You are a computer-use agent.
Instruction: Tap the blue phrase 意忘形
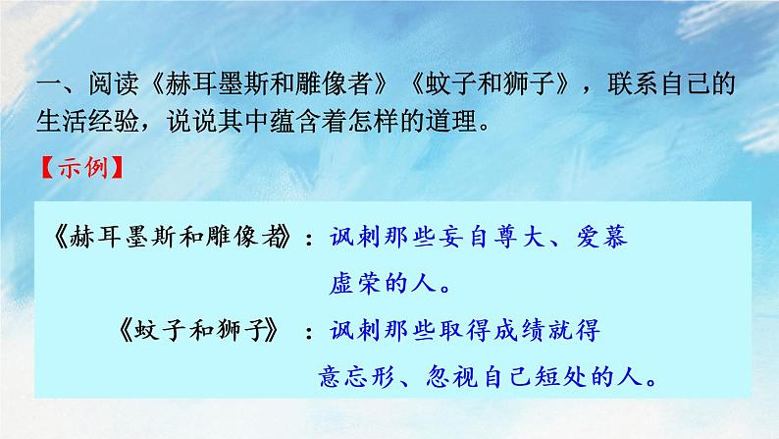pos(362,377)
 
